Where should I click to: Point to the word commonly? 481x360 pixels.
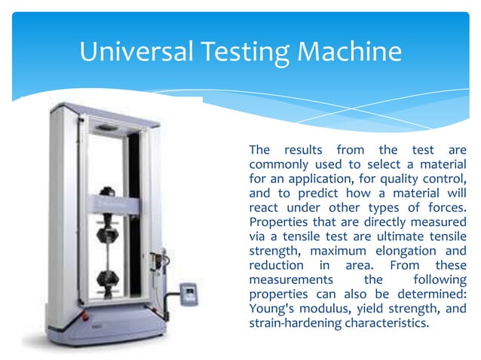[x=277, y=163]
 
